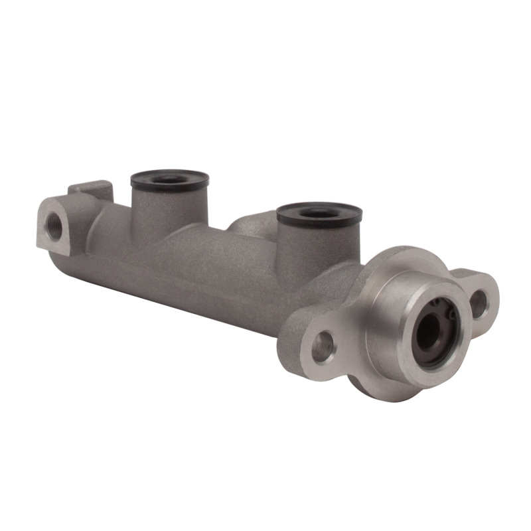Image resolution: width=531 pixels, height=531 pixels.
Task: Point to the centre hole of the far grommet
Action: pyautogui.click(x=170, y=179)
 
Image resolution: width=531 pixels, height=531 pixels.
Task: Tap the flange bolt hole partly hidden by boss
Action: pyautogui.click(x=477, y=302)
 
